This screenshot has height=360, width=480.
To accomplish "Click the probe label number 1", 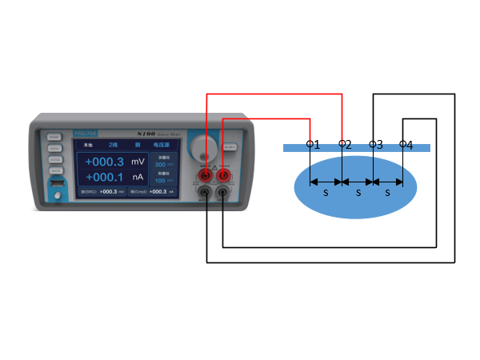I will (317, 145).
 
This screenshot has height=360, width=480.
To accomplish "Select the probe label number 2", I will (348, 145).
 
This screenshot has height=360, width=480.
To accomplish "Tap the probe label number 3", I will (379, 145).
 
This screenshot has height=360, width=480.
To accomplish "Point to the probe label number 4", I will (410, 146).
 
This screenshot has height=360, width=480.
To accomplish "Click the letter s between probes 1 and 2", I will (326, 193).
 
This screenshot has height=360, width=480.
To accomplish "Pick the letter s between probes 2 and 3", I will (358, 193).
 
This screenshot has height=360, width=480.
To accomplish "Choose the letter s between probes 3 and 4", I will (388, 193).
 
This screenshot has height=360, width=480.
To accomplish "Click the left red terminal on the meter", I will (206, 174).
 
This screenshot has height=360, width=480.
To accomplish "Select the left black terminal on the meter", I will (206, 192).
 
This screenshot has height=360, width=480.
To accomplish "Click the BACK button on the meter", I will (54, 171).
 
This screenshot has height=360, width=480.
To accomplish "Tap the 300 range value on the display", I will (161, 164).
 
